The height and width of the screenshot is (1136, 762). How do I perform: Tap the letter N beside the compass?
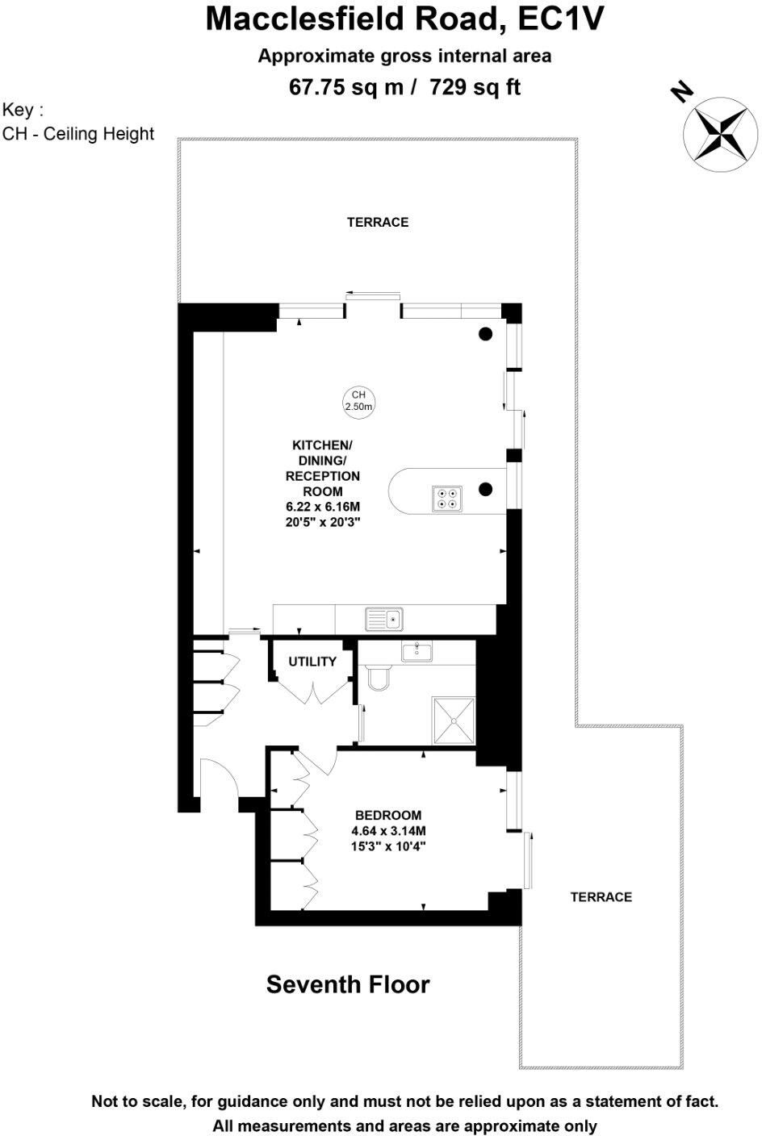682,93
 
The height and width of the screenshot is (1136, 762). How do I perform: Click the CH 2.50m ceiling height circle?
359,400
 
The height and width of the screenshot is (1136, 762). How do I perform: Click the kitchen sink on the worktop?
383,620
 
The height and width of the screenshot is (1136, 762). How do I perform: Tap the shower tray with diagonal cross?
454,720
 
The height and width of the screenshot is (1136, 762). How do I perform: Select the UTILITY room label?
312,662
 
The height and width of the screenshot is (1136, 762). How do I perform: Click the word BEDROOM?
388,815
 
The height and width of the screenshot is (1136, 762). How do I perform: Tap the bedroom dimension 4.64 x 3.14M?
388,831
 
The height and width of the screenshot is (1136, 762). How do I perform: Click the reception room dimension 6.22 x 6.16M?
322,507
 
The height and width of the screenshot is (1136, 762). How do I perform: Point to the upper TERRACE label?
378,222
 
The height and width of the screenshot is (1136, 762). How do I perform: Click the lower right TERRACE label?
601,896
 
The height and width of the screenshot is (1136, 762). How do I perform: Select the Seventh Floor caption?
348,984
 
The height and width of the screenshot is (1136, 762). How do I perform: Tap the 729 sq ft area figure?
475,86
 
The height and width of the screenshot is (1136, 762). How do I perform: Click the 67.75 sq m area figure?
346,86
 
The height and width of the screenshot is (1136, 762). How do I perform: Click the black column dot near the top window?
485,334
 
